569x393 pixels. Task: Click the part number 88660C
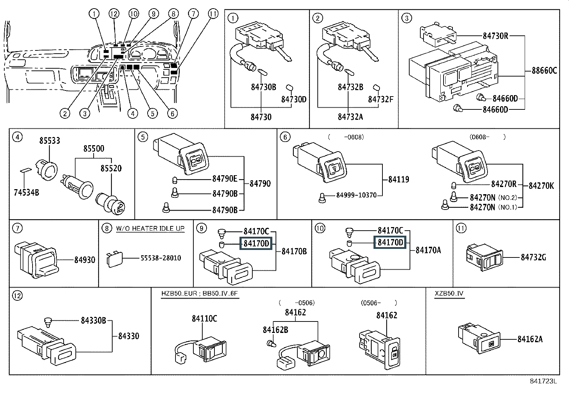pos(544,70)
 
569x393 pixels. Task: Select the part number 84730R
pos(495,36)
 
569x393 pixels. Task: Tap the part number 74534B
pos(26,193)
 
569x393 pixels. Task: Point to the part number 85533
pos(50,141)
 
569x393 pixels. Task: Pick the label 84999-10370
pos(356,195)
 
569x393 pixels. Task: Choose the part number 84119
pos(399,180)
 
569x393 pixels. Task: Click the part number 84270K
pos(541,186)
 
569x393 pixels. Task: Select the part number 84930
pos(85,260)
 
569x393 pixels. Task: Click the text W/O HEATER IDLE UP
pos(150,229)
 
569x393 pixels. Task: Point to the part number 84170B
pos(294,251)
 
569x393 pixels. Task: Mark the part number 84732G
pos(533,257)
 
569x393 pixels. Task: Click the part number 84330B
pos(93,321)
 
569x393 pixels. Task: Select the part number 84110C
pos(204,319)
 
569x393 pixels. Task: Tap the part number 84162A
pos(530,339)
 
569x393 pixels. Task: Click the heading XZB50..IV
pos(449,294)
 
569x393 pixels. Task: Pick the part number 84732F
pos(381,99)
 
